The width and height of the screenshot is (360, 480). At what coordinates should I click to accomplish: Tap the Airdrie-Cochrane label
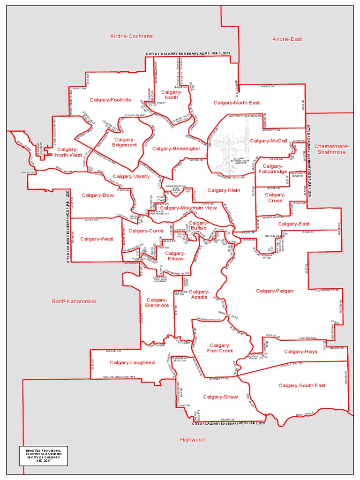[131, 36]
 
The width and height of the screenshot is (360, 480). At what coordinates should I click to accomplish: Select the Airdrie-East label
[287, 39]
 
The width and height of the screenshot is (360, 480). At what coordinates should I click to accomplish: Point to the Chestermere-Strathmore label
[330, 149]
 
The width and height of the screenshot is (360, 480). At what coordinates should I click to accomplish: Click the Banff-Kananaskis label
[74, 301]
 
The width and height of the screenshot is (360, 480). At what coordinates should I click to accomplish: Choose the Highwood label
[192, 440]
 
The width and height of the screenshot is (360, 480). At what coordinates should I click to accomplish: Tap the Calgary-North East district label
[236, 103]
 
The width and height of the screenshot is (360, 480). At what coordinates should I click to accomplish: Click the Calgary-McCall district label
[269, 141]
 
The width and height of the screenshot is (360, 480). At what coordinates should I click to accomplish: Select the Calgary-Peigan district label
[275, 291]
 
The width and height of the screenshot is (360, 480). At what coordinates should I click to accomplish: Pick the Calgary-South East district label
[302, 385]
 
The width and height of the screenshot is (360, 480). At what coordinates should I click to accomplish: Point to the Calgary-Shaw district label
[220, 397]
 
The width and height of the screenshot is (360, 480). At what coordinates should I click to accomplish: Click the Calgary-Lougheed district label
[132, 362]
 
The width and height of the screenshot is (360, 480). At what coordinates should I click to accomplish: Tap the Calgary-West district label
[97, 239]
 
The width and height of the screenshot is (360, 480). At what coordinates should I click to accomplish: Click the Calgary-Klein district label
[224, 190]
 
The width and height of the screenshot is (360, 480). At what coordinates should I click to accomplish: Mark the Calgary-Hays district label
[300, 352]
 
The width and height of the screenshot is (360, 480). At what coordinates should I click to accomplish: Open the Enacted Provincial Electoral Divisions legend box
[40, 455]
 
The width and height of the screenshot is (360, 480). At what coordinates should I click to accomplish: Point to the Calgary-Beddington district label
[176, 149]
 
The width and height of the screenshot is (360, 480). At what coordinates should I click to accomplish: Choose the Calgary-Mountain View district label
[188, 208]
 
